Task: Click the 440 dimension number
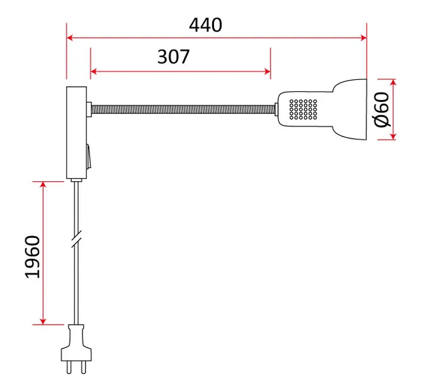pos(205,25)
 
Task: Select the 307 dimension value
pos(173,57)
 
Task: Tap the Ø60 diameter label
pos(382,110)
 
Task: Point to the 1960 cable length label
pos(33,257)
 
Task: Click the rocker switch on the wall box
pos(89,156)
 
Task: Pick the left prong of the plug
pos(69,367)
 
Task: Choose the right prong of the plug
pos(84,367)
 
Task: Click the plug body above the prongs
pos(76,343)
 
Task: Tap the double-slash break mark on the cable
pos(77,239)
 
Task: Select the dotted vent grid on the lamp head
pos(303,109)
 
